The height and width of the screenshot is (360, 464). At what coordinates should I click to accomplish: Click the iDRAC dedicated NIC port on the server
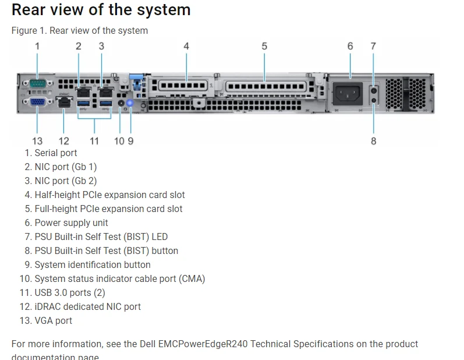pyautogui.click(x=64, y=103)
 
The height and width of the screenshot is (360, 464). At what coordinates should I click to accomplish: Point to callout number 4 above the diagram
pyautogui.click(x=186, y=46)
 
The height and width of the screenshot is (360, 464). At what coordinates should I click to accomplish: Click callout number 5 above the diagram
pyautogui.click(x=264, y=46)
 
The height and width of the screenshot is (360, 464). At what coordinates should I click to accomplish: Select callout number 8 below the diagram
pyautogui.click(x=373, y=141)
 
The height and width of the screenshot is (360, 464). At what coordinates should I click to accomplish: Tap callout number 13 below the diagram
pyautogui.click(x=37, y=141)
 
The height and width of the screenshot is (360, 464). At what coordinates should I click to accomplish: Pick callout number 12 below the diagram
pyautogui.click(x=64, y=141)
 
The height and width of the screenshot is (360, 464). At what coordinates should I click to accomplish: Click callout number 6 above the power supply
pyautogui.click(x=350, y=46)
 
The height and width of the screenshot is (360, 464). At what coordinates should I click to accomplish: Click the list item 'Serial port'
pyautogui.click(x=55, y=153)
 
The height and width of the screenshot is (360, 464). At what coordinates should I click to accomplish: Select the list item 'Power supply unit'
pyautogui.click(x=71, y=223)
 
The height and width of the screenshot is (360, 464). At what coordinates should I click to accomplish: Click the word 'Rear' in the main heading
pyautogui.click(x=30, y=10)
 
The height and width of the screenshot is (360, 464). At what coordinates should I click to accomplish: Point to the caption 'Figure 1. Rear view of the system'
pyautogui.click(x=80, y=30)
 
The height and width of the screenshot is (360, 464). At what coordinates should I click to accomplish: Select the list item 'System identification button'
pyautogui.click(x=93, y=264)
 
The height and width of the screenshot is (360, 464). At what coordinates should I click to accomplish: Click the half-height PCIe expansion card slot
pyautogui.click(x=183, y=86)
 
